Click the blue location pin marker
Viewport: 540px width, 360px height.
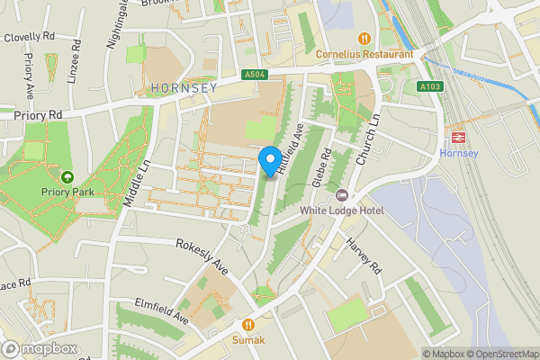point(268,160)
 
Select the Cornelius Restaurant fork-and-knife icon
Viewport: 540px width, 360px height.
point(364,39)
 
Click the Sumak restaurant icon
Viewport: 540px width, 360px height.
point(247,324)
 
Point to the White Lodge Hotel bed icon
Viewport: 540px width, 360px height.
point(341,195)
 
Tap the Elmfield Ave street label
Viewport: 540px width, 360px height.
point(162,310)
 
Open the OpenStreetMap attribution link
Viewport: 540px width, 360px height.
point(502,353)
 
